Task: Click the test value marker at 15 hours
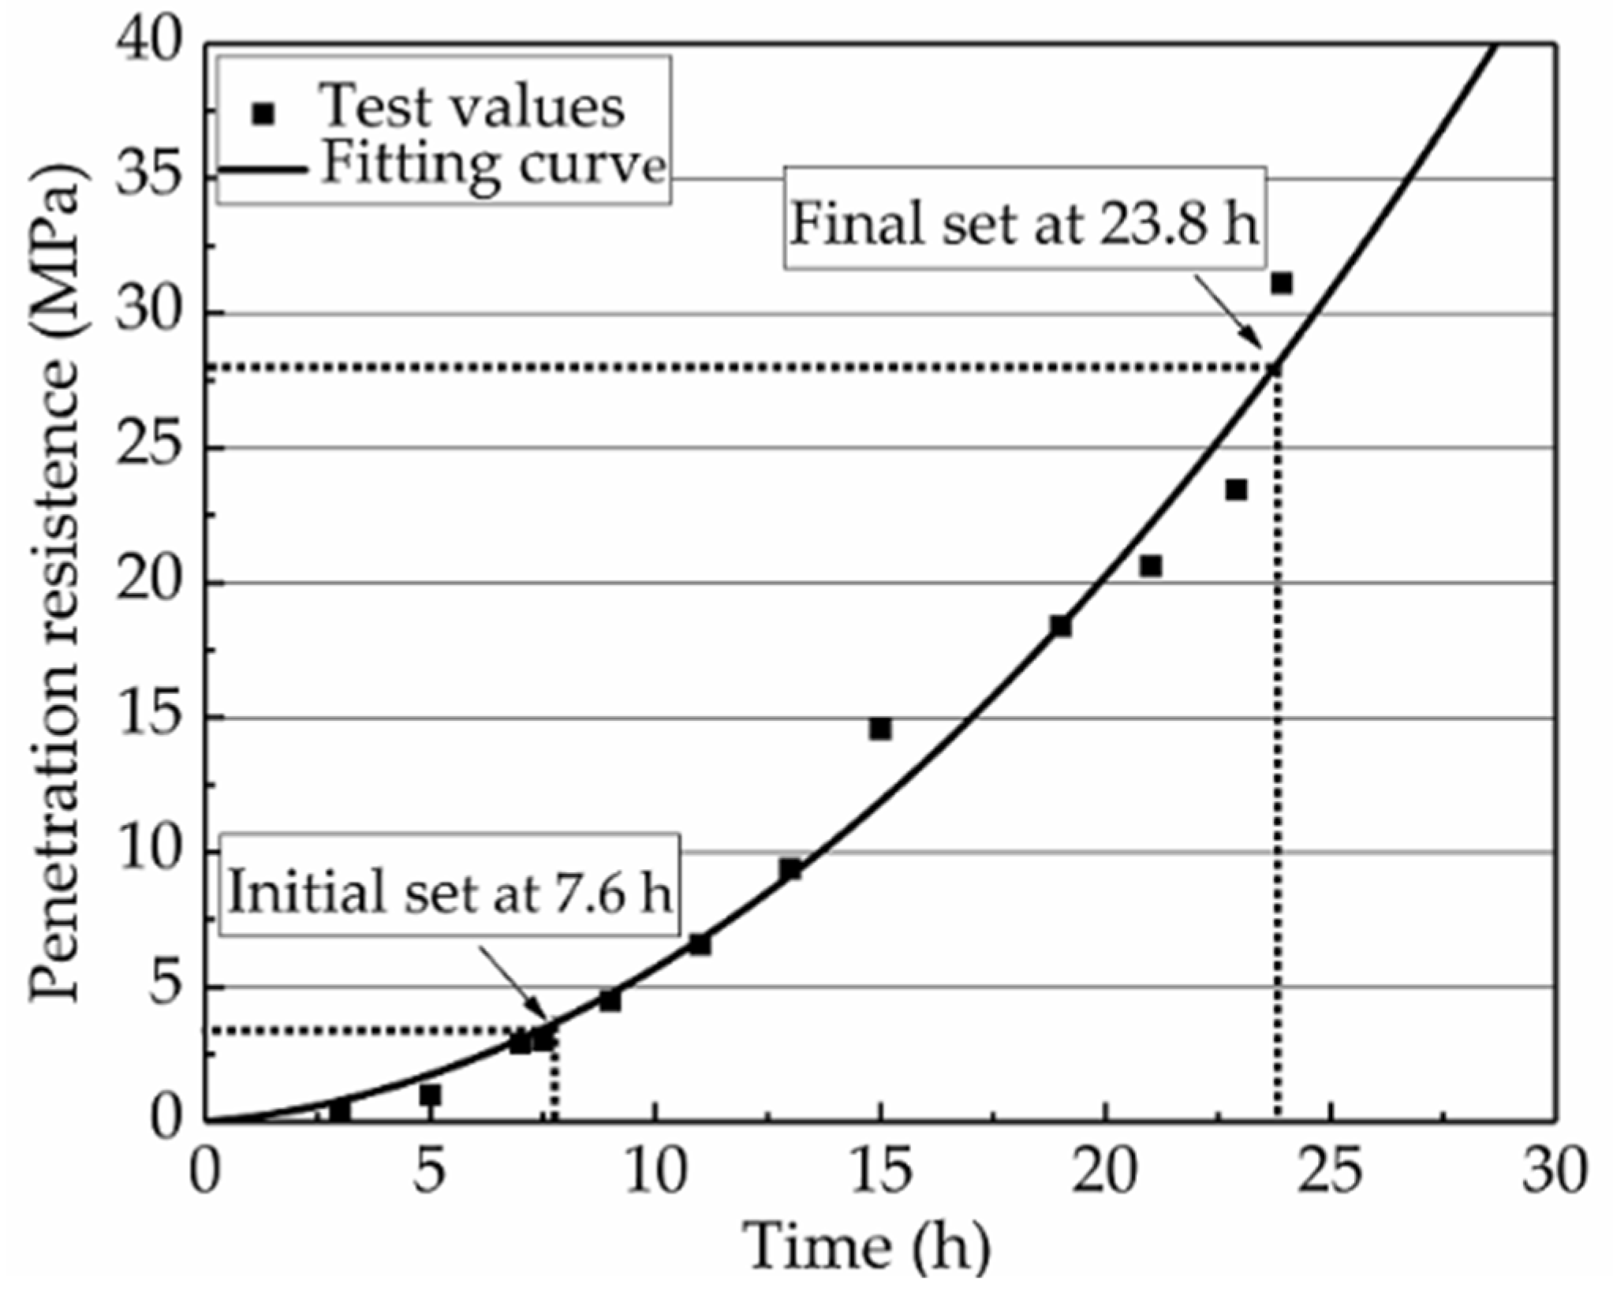click(x=880, y=729)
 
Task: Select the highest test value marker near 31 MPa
click(x=1282, y=283)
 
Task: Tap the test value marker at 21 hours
click(x=1151, y=566)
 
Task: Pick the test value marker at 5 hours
click(x=430, y=1095)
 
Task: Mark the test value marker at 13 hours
click(x=790, y=869)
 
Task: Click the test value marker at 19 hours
click(x=1061, y=626)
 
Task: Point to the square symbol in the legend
click(x=263, y=114)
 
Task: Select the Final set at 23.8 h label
click(x=1024, y=224)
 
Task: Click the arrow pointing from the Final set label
click(x=1229, y=312)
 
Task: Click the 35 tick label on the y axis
click(x=146, y=178)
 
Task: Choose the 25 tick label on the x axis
click(x=1331, y=1170)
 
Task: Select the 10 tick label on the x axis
click(x=656, y=1170)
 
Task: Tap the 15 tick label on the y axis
click(x=146, y=718)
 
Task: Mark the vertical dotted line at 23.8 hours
click(x=1277, y=749)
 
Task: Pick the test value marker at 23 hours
click(x=1236, y=490)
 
